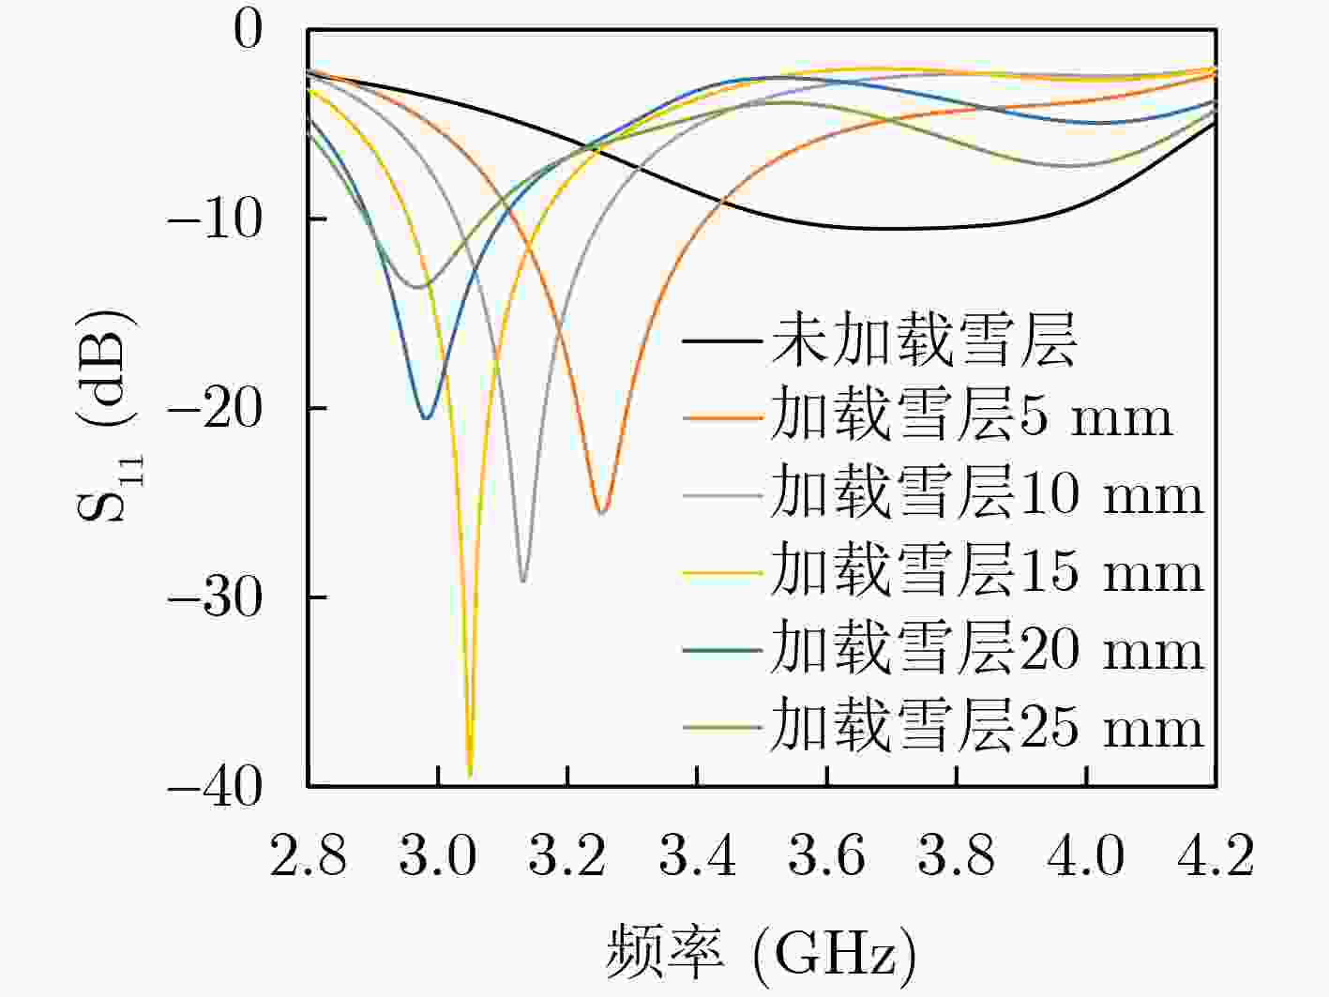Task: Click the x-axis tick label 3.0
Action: click(x=438, y=856)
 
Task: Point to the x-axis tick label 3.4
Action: click(x=698, y=856)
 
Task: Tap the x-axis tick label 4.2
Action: click(x=1216, y=856)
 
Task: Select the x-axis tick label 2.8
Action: click(x=309, y=856)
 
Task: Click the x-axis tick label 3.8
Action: click(x=957, y=856)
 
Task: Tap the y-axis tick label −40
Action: click(x=215, y=786)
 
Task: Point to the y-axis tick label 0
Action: click(x=249, y=30)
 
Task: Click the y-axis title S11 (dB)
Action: click(x=105, y=414)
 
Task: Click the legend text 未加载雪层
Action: click(x=924, y=340)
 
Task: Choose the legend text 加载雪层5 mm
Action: click(x=972, y=416)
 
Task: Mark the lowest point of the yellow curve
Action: click(x=470, y=775)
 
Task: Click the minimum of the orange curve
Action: click(x=602, y=512)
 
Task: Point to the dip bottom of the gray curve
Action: click(x=523, y=582)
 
